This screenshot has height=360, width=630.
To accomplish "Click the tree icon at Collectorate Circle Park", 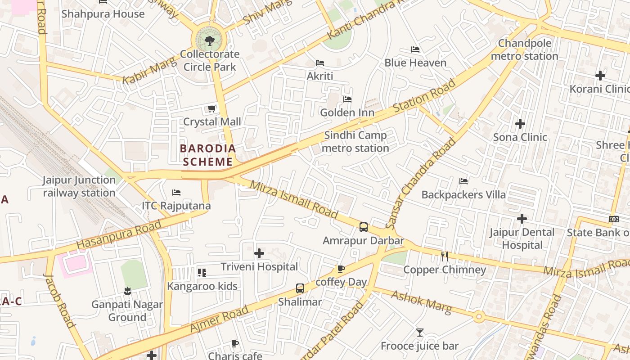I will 209,41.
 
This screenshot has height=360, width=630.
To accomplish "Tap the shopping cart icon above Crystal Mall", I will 211,108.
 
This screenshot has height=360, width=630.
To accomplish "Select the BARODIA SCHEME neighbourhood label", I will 207,155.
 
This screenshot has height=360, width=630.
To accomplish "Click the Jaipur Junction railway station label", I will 79,186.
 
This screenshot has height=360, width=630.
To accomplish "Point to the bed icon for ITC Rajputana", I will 176,193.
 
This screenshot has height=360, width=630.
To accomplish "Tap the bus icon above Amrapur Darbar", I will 364,227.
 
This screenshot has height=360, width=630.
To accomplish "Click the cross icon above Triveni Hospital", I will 259,253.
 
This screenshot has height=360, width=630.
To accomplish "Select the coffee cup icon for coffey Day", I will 341,269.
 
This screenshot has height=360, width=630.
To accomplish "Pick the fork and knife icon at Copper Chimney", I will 445,256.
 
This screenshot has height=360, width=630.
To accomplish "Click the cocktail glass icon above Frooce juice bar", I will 419,333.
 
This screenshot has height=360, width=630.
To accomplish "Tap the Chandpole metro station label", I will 524,50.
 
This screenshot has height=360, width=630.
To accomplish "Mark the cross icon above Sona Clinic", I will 520,123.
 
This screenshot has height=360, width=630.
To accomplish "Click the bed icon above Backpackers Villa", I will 463,181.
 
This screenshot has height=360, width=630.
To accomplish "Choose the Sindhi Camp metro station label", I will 355,142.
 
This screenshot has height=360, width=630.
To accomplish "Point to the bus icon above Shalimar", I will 300,288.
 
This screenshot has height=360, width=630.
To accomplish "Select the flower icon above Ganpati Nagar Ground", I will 127,291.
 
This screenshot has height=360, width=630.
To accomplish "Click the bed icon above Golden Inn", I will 347,99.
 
